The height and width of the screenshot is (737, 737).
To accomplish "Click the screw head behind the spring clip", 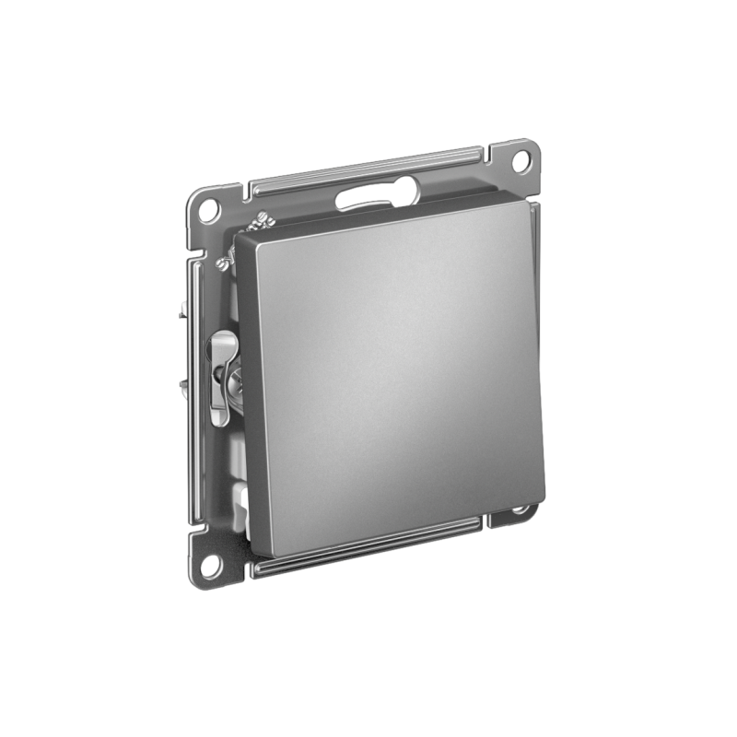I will pyautogui.click(x=231, y=373).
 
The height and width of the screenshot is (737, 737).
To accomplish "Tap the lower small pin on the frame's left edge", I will pyautogui.click(x=188, y=379).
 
